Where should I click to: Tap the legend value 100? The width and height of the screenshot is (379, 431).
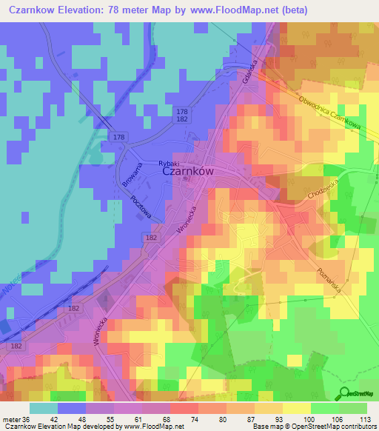point(318,418)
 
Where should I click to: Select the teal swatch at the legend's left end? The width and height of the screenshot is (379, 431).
point(44,408)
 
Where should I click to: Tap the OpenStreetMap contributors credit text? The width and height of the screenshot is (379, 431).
point(339,427)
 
